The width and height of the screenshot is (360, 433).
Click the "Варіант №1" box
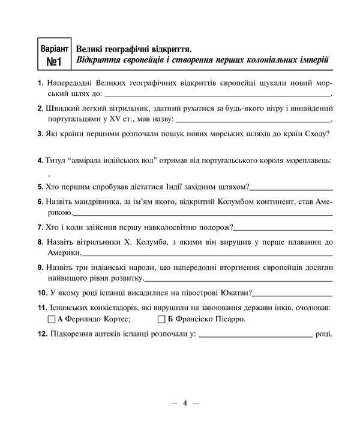pos(55,54)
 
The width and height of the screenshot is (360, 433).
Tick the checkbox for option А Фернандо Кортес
pos(50,319)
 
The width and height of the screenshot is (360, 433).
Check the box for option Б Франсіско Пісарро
pos(160,319)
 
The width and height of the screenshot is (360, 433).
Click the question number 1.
pos(39,82)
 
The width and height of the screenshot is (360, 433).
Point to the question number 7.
pos(39,227)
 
